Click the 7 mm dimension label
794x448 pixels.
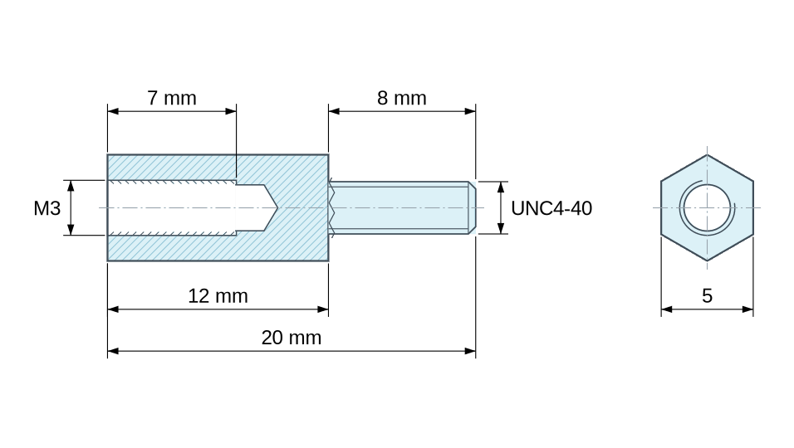[172, 98]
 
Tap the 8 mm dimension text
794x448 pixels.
[401, 98]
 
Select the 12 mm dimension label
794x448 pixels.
[218, 296]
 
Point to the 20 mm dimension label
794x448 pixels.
[292, 338]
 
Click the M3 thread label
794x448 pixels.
[47, 208]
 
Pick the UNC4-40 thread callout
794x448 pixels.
[551, 208]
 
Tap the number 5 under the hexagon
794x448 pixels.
[707, 296]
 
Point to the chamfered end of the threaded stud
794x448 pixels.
[472, 207]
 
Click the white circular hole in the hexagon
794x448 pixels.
[707, 207]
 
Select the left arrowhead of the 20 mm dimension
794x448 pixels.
[113, 351]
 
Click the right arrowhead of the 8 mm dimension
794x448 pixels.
[470, 111]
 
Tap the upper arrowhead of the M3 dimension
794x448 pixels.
[71, 186]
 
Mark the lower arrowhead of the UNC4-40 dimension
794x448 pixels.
[501, 228]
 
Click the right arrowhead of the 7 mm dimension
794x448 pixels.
[230, 111]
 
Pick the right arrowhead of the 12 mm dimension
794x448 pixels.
[322, 309]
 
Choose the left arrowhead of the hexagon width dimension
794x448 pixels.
[667, 309]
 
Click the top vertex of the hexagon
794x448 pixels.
[707, 155]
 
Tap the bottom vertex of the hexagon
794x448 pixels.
[707, 261]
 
